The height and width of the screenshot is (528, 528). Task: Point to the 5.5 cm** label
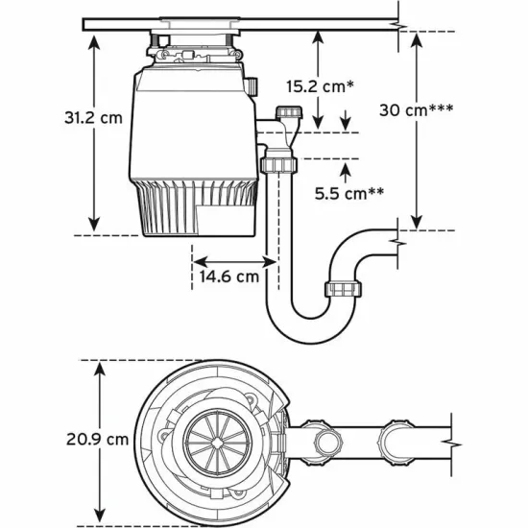[x=349, y=192]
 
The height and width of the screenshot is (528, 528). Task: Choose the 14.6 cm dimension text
[x=228, y=276]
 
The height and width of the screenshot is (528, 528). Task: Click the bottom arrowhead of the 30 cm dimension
[x=416, y=223]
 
